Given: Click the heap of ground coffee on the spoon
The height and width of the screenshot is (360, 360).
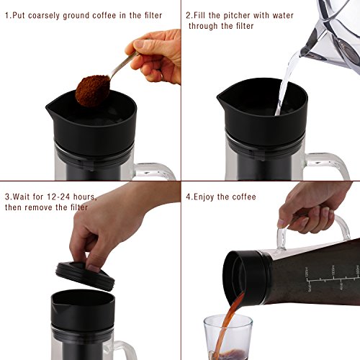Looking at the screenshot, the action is [92, 91].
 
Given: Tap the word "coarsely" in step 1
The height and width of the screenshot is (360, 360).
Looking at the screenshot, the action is [44, 16].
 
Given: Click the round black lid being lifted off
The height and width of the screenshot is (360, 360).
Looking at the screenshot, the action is [85, 276].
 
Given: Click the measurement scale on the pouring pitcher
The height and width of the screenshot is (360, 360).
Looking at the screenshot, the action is [333, 279].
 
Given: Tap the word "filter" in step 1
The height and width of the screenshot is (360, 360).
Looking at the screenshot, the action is [153, 16].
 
